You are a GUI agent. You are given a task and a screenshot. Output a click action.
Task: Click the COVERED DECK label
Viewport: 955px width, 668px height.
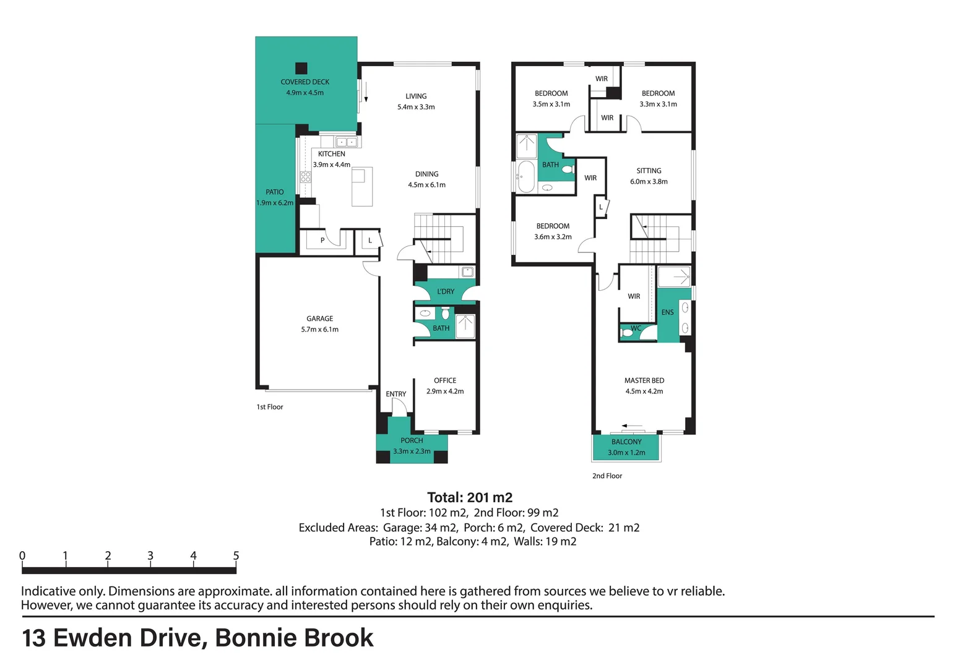tap(305, 82)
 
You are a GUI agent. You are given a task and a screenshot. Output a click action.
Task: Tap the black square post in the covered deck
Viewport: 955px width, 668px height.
tap(301, 68)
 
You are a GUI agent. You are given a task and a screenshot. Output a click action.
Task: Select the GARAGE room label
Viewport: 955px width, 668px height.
tap(320, 319)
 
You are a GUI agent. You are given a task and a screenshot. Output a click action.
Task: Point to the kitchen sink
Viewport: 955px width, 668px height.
tap(346, 142)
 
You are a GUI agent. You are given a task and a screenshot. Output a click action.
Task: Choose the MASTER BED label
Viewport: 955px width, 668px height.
tap(644, 380)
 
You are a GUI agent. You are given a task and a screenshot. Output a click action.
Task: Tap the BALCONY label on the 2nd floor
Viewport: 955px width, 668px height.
tap(626, 442)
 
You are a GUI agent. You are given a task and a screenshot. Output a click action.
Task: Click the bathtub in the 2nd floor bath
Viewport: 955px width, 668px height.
tap(526, 177)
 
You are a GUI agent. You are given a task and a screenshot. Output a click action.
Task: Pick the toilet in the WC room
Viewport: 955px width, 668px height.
tap(626, 332)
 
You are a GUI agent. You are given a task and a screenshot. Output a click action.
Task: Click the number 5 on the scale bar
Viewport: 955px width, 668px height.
tap(236, 555)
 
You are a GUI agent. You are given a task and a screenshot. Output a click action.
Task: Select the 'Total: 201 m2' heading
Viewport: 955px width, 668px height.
tap(470, 497)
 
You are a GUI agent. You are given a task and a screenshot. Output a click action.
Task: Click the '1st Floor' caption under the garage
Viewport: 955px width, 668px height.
tap(269, 407)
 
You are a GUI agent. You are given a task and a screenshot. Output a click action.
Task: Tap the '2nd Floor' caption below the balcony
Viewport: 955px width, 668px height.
tap(607, 476)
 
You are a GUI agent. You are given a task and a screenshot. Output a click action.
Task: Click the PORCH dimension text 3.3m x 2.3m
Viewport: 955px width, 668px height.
tap(412, 451)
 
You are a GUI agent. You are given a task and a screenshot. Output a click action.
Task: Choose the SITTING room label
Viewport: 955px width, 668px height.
tap(649, 171)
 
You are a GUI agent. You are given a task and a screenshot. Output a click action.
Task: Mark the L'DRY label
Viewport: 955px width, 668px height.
tap(446, 291)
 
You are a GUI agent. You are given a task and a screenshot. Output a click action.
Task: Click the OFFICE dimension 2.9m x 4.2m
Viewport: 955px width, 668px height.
tap(445, 391)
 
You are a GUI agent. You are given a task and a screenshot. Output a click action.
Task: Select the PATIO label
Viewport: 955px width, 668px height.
tap(275, 192)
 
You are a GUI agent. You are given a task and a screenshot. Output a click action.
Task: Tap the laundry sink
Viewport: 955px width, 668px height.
tap(468, 272)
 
